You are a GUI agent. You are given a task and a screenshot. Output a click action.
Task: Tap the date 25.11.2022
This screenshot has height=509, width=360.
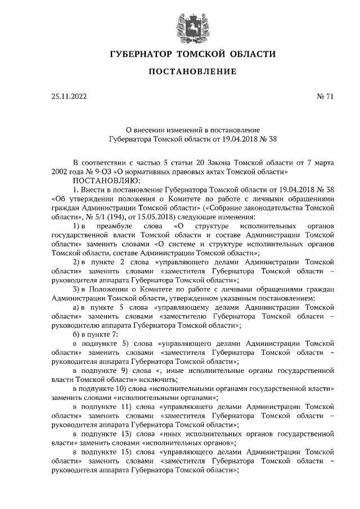69,97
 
